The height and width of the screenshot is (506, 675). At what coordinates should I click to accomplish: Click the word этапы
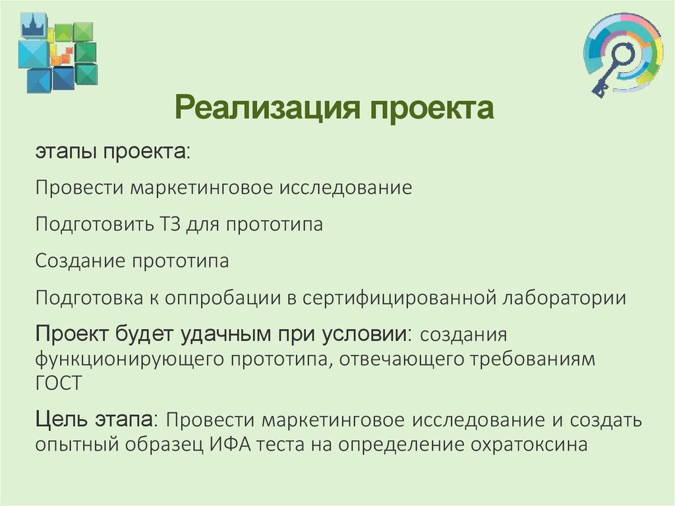point(65,152)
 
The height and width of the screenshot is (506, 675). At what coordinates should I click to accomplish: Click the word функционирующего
point(129,360)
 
